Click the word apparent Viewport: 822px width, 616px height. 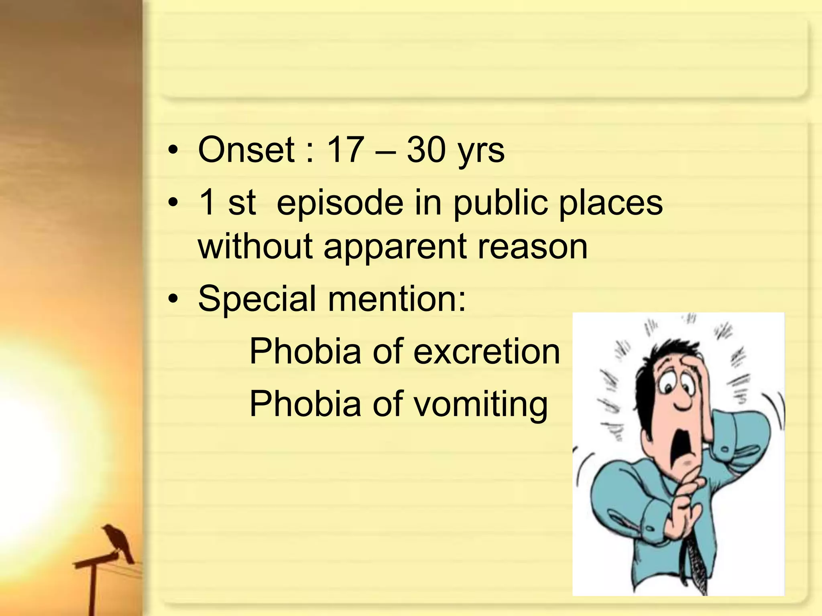[x=395, y=249]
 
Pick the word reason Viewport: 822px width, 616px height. [x=533, y=247]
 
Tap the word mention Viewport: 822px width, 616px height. [x=395, y=299]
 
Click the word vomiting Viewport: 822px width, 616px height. [x=480, y=404]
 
